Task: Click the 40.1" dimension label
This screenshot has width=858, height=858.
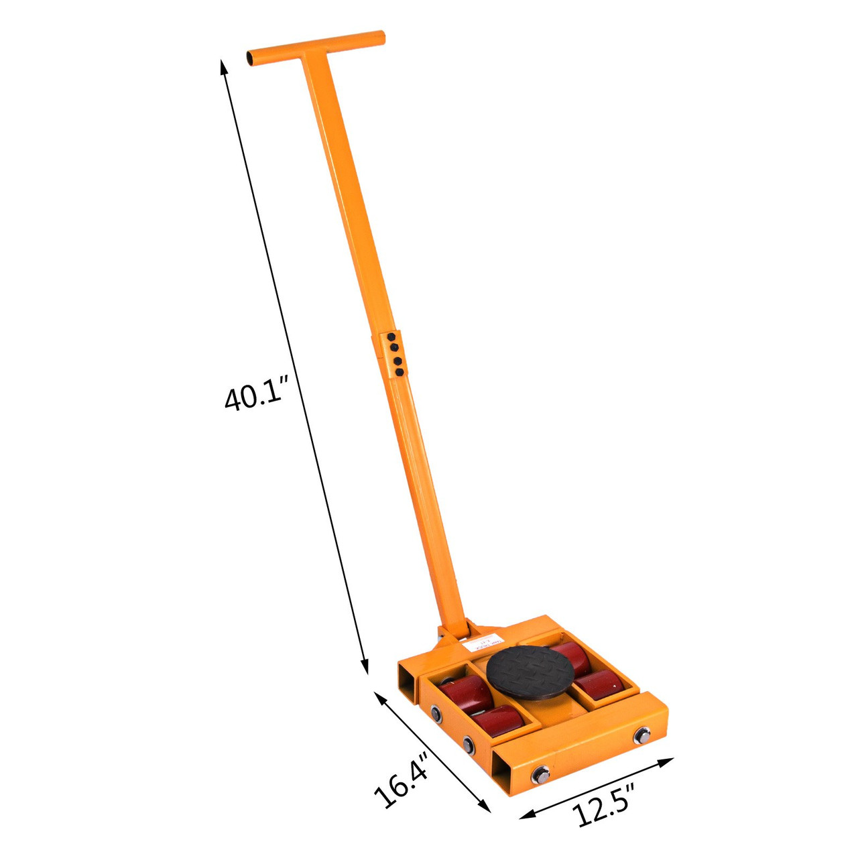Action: [255, 396]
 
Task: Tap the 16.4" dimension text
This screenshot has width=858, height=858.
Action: [401, 784]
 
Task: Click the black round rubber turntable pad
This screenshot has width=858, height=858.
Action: [531, 672]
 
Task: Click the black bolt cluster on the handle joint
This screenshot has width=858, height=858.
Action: [395, 353]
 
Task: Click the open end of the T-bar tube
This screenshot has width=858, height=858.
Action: [253, 58]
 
